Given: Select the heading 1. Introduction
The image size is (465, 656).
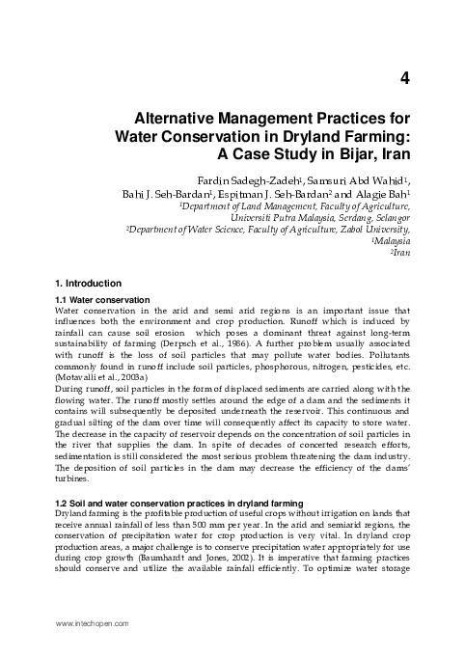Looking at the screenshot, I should pos(90,284).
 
